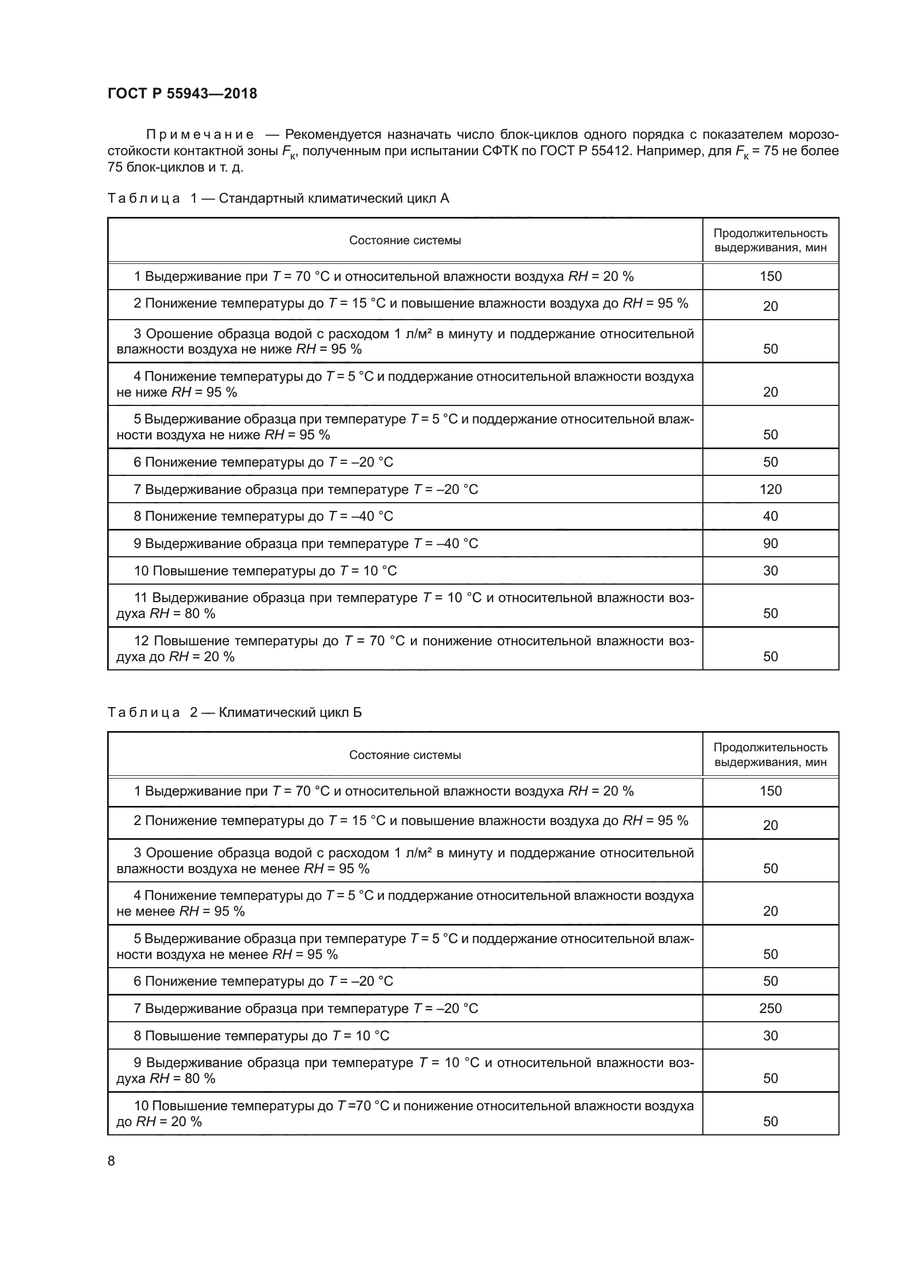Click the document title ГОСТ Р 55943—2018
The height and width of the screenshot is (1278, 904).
coord(182,93)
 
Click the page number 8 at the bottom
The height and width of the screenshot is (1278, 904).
coord(111,1160)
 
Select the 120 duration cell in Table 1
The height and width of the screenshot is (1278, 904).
coord(770,489)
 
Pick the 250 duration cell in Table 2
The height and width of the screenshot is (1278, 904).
coord(770,1008)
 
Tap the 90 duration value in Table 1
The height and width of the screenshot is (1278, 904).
coord(770,543)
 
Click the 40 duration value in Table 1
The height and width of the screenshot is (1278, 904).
coord(770,516)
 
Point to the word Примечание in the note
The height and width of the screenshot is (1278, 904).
coord(200,135)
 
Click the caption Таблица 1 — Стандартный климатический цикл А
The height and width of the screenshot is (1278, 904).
coord(278,198)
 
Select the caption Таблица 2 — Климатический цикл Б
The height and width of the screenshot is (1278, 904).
coord(234,712)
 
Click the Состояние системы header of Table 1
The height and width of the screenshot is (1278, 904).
coord(404,240)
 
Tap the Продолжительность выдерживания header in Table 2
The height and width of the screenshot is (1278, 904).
coord(770,755)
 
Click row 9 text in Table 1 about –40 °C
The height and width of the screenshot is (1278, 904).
coord(306,543)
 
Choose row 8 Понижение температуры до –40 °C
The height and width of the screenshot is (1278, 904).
coord(263,516)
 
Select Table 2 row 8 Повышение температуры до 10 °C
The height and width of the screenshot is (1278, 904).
coord(261,1035)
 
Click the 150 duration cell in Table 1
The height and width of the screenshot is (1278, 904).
coord(770,276)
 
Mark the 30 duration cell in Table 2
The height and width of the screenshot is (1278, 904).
coord(770,1035)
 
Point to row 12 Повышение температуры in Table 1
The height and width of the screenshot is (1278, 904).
coord(404,649)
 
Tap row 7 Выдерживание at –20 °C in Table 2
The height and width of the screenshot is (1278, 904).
coord(306,1008)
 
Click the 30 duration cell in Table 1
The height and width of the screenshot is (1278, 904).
coord(770,570)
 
